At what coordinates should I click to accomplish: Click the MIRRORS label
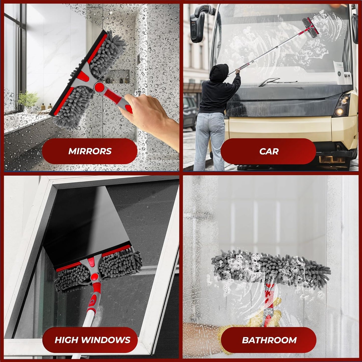click(90, 151)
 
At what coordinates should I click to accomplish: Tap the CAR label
click(269, 151)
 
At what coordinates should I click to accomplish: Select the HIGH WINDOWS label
click(92, 340)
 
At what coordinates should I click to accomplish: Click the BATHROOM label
click(269, 340)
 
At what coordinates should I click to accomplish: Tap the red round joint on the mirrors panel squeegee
click(99, 87)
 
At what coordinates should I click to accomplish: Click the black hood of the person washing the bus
click(219, 72)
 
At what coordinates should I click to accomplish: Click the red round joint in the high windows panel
click(94, 277)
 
